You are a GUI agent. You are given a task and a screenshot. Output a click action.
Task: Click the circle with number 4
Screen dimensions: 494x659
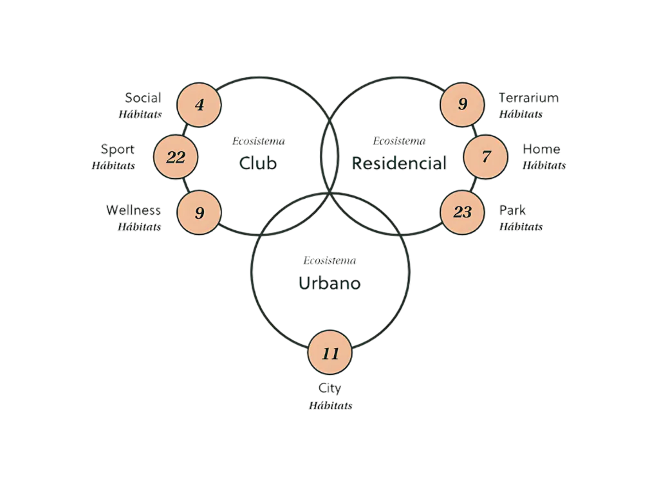200,104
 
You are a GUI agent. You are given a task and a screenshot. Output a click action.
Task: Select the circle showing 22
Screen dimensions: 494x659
176,157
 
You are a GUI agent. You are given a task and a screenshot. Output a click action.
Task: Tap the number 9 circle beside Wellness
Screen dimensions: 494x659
200,212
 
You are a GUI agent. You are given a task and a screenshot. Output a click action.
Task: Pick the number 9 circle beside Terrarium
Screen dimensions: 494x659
462,104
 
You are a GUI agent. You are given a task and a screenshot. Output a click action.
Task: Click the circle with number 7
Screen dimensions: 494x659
486,157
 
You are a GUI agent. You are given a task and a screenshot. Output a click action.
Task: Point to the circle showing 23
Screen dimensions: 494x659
462,212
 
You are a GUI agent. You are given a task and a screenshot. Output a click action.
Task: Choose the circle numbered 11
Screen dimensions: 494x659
330,354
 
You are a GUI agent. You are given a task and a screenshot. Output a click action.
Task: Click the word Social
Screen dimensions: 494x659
142,98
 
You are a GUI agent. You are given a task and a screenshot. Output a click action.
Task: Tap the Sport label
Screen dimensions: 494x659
118,149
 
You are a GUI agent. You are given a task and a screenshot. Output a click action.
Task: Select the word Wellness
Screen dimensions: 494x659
133,210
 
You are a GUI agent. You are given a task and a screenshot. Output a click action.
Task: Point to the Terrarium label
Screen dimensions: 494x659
529,98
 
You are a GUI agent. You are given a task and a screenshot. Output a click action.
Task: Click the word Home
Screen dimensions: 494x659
541,149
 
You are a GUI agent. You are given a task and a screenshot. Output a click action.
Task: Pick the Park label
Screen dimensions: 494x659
513,210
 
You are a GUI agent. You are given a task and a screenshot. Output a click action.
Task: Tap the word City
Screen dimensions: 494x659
330,389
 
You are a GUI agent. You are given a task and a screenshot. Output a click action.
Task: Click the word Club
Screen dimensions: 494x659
258,163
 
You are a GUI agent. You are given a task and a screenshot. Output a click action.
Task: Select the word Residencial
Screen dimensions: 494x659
399,163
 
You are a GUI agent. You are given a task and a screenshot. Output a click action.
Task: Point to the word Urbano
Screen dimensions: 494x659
329,283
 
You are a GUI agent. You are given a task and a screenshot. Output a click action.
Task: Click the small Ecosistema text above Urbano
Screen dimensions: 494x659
330,262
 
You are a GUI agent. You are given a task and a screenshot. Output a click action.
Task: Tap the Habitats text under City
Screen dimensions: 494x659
331,406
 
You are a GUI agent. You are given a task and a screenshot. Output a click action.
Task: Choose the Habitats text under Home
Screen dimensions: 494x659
544,165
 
